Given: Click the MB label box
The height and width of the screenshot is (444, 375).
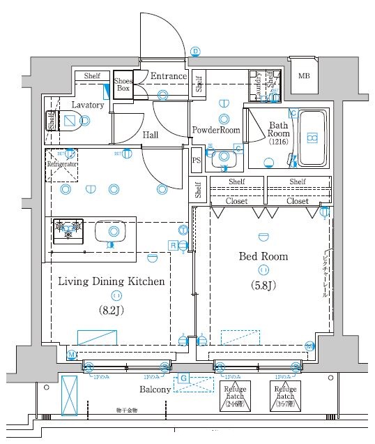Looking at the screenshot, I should [x=304, y=76].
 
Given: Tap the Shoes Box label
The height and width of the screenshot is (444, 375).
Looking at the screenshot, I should [x=123, y=85].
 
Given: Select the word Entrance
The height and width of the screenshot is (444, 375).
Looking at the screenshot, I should [x=169, y=76].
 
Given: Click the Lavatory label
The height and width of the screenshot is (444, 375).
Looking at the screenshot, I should [x=87, y=105].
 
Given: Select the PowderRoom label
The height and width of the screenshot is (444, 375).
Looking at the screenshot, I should [x=216, y=130].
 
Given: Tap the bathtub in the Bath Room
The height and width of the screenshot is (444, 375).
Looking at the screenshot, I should [x=313, y=138].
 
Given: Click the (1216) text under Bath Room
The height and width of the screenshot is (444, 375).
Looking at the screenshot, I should [x=279, y=142].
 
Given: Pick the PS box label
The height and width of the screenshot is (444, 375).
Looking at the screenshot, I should [x=197, y=160].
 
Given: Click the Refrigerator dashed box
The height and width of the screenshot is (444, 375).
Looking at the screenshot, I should [x=62, y=165].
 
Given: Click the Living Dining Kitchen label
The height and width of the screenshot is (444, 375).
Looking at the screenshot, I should [x=111, y=282].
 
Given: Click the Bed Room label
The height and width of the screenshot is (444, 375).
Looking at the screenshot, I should [x=263, y=256].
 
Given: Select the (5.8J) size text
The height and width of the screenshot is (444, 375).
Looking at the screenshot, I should [x=263, y=284].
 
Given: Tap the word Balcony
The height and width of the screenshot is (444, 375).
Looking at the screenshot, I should [x=155, y=390].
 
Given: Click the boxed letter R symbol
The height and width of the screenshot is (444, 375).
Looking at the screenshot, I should [x=172, y=244].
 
